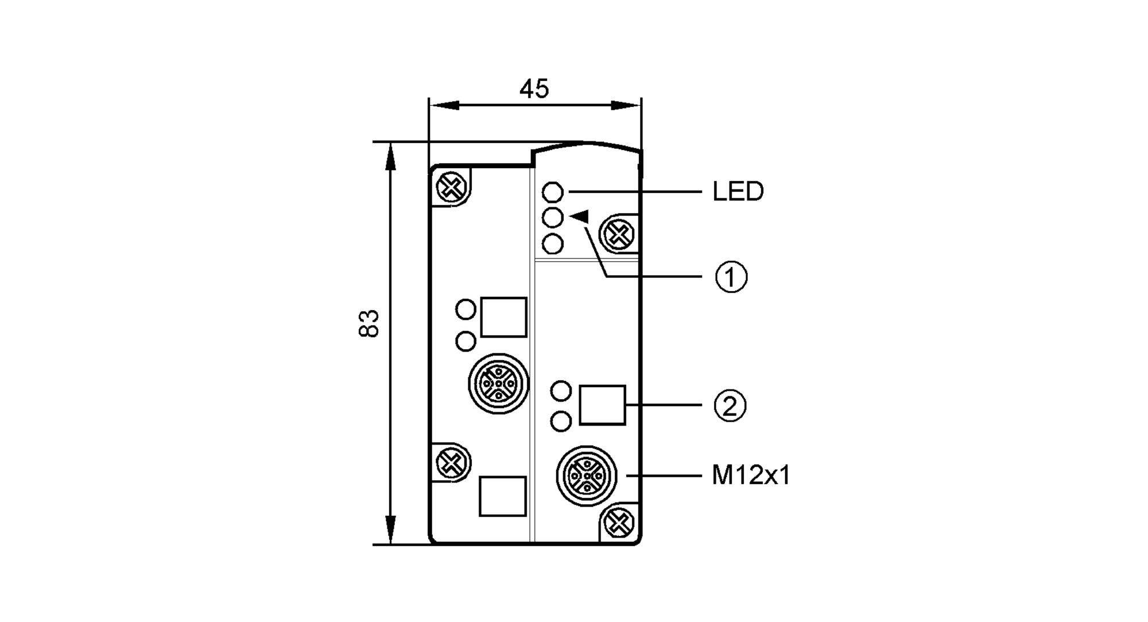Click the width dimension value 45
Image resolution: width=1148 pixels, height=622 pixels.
click(x=534, y=89)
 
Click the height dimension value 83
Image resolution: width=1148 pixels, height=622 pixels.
click(x=369, y=323)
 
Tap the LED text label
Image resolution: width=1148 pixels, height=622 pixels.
click(x=738, y=192)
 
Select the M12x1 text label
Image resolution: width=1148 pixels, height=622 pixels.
click(x=751, y=476)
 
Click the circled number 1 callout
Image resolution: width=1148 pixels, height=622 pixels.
click(x=731, y=277)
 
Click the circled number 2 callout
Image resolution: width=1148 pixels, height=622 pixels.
click(x=730, y=406)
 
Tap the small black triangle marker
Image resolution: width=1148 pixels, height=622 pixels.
click(x=580, y=217)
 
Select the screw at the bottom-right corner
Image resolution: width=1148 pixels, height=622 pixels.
click(x=618, y=523)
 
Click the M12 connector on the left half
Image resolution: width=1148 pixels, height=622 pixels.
click(x=498, y=384)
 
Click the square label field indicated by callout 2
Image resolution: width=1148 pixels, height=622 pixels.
click(x=602, y=405)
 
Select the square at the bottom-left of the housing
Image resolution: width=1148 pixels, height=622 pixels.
click(x=503, y=496)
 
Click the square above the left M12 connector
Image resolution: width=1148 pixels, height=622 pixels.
click(x=503, y=317)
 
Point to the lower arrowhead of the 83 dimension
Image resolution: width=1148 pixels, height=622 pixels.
click(x=390, y=531)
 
